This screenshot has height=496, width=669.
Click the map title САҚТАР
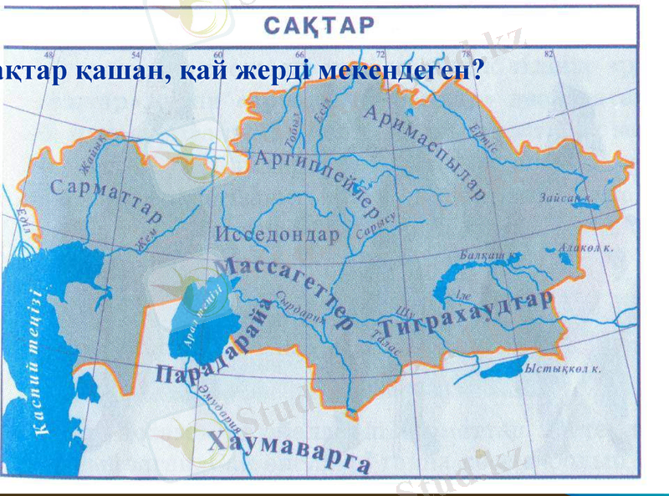(x=321, y=25)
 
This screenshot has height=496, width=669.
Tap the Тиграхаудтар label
(x=466, y=315)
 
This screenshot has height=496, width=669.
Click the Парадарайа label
(x=215, y=343)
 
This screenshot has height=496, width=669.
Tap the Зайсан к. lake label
(x=566, y=198)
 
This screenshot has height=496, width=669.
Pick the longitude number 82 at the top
(x=549, y=54)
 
